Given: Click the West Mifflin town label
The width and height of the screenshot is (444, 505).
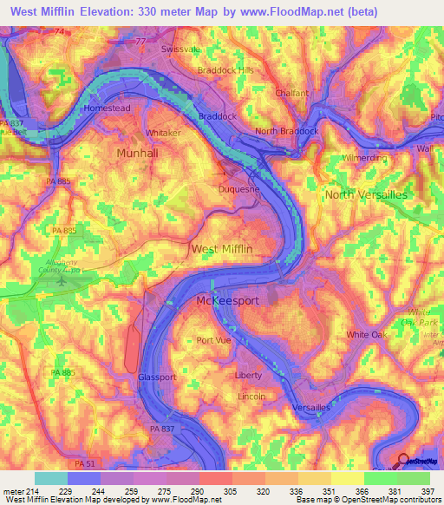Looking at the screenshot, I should tap(222, 249).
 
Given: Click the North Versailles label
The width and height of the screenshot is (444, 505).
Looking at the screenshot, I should tap(365, 195).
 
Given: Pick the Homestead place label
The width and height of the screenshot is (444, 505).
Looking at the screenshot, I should tap(107, 108).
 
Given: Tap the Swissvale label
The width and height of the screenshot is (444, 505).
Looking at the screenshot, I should tap(182, 49).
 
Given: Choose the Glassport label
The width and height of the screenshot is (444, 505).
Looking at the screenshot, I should tap(157, 377).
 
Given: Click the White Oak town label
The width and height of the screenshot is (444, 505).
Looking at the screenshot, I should tap(365, 334).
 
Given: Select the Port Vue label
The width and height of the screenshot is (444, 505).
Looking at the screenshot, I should tap(214, 340).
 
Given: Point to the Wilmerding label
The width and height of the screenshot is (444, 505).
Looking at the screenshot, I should tap(367, 160).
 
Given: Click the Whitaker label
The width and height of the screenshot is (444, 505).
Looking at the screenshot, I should tap(163, 133).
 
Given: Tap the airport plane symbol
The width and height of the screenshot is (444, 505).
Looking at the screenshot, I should tap(60, 280).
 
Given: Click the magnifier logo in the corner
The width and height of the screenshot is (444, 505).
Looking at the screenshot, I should tap(404, 461).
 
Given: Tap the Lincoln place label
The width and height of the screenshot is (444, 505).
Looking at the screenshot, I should tap(251, 396).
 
